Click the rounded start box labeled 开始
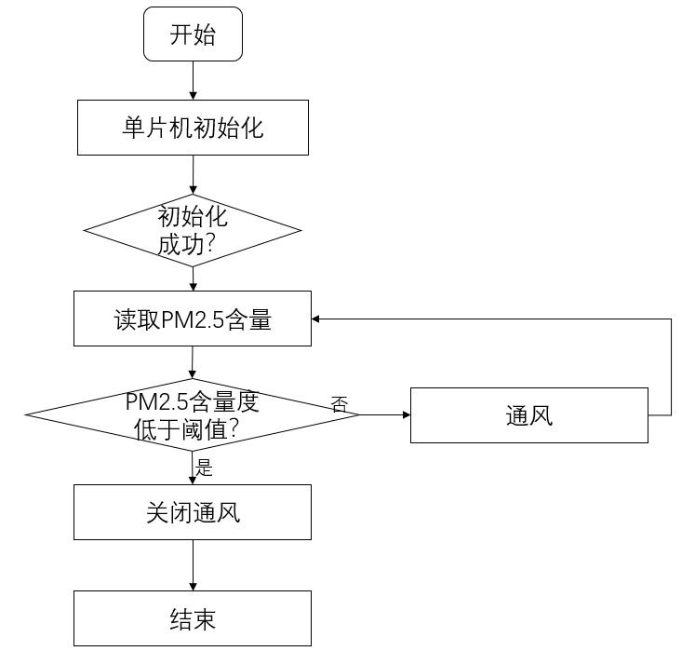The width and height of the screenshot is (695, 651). pyautogui.click(x=193, y=36)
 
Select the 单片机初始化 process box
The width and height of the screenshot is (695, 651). pyautogui.click(x=193, y=128)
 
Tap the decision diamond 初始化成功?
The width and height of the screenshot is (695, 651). pyautogui.click(x=193, y=229)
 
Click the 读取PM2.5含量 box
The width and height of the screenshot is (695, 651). pyautogui.click(x=193, y=319)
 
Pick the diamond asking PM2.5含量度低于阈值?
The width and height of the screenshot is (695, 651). pyautogui.click(x=193, y=414)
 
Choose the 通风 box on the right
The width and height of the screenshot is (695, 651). pyautogui.click(x=528, y=414)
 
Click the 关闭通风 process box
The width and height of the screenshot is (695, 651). pyautogui.click(x=193, y=512)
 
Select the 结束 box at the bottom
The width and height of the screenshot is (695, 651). pyautogui.click(x=193, y=618)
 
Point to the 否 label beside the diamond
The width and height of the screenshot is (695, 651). pyautogui.click(x=340, y=403)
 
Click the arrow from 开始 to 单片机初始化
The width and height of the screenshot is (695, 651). pyautogui.click(x=193, y=83)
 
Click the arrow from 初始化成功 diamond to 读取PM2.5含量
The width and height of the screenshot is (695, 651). pyautogui.click(x=193, y=278)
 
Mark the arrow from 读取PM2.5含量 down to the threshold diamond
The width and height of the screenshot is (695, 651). pyautogui.click(x=193, y=362)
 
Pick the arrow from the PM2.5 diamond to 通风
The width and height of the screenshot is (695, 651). pyautogui.click(x=384, y=414)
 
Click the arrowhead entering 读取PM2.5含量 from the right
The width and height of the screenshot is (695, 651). pyautogui.click(x=317, y=319)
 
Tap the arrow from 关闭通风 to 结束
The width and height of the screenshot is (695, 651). pyautogui.click(x=193, y=565)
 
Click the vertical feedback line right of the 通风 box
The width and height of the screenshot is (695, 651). pyautogui.click(x=671, y=368)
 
